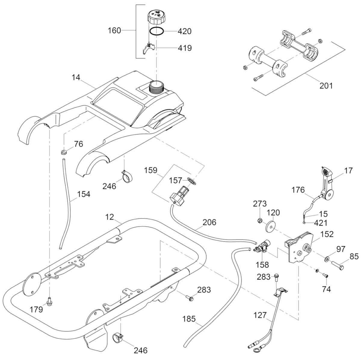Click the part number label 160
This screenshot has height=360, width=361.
[114, 30]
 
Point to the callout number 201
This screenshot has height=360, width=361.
[326, 85]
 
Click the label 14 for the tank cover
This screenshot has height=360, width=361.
[76, 77]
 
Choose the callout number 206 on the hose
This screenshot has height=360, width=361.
[209, 222]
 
